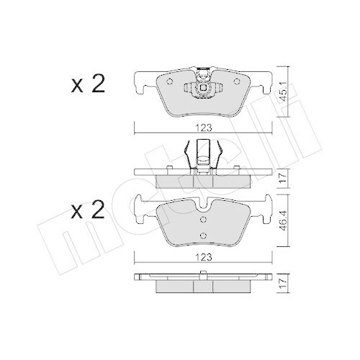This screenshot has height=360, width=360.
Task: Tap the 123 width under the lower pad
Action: click(x=205, y=254)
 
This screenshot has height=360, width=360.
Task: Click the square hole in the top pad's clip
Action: click(x=205, y=89)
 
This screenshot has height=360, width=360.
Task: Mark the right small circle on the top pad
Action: click(x=217, y=91)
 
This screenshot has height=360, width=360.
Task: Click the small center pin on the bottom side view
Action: click(x=205, y=274)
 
